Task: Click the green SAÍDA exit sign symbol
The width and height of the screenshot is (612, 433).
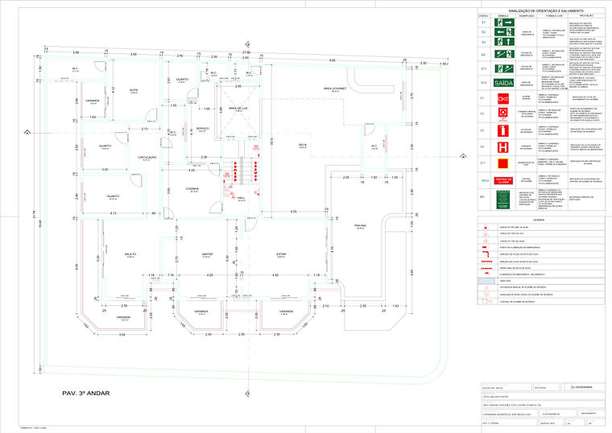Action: pos(504,83)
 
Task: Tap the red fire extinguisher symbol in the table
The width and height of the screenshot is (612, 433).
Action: pos(504,129)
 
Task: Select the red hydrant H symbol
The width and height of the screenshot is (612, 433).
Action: pos(504,147)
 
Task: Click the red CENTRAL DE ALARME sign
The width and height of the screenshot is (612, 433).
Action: pos(504,179)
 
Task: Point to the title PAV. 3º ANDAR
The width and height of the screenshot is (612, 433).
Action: pos(85,394)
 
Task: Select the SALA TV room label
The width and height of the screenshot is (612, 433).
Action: pos(130,254)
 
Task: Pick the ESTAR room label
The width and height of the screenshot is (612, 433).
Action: pos(281,254)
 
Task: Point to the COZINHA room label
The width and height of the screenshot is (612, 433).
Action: pos(192,188)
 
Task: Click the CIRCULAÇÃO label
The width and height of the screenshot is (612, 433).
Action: pos(147,157)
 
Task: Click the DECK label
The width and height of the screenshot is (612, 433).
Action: pos(303,144)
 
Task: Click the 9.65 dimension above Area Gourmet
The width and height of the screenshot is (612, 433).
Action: pos(332,61)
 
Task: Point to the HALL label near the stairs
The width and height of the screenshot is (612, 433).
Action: pos(240,200)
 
